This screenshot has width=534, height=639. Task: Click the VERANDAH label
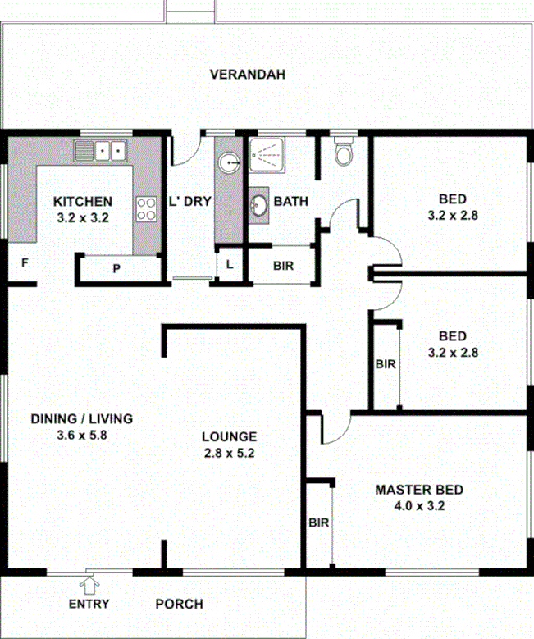click(247, 75)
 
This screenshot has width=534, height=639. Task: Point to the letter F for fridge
click(25, 263)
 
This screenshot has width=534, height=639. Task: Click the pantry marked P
click(116, 268)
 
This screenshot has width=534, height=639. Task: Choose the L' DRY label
click(189, 201)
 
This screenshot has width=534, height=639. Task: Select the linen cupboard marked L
click(229, 265)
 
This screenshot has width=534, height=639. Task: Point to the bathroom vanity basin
click(259, 206)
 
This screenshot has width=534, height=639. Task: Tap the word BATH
click(290, 201)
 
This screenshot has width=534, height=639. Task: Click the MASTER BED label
click(418, 490)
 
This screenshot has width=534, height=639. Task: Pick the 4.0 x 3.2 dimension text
click(418, 505)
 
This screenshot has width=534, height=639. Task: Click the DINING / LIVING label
click(81, 418)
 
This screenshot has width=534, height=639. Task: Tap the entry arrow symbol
click(89, 583)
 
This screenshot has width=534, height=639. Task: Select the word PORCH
click(179, 605)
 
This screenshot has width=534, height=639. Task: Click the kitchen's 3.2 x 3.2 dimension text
click(83, 218)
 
